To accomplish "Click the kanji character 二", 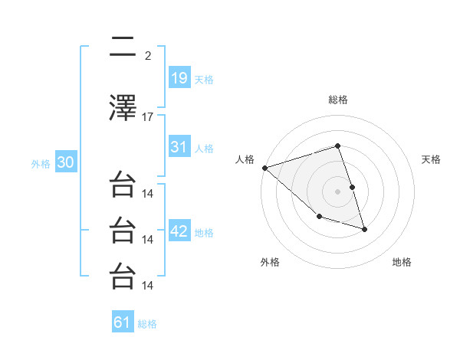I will click(123, 49).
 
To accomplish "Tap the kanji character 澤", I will click(123, 110).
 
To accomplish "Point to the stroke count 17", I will click(148, 116).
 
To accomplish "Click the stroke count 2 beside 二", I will click(148, 55).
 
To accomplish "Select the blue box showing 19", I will click(179, 77).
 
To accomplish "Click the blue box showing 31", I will click(179, 147).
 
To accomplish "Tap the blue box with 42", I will click(179, 231).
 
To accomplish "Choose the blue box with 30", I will click(65, 162).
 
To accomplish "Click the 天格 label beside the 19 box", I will click(204, 79).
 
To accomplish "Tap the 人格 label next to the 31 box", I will click(204, 149).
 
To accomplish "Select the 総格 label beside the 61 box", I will click(147, 324).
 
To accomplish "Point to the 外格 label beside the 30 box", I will click(41, 164).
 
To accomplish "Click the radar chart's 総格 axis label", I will click(337, 100).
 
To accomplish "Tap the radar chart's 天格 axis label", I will click(432, 159).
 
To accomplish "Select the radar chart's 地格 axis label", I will click(402, 262).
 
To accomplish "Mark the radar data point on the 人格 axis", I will click(264, 168).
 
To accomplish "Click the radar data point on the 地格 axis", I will click(364, 229).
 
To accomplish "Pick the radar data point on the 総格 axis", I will click(337, 146).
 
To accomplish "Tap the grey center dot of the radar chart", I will click(337, 191).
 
